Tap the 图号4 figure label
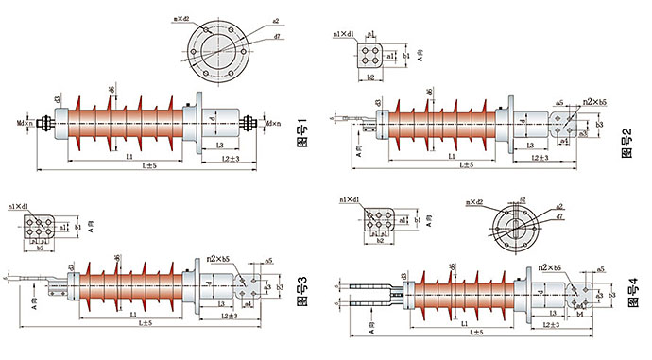626,283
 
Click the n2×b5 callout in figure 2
594,101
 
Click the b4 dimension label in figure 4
580,315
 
